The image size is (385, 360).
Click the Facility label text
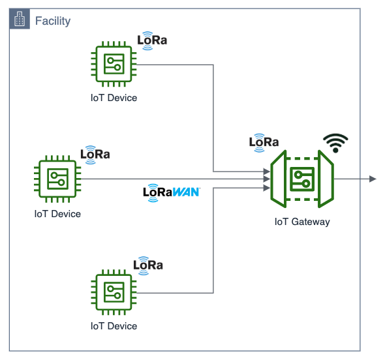(52, 21)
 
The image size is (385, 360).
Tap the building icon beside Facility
(20, 20)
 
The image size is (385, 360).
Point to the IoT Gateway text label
(302, 222)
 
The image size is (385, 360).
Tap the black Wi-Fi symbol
(336, 142)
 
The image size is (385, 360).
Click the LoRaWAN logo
(172, 193)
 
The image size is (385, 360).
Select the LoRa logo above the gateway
(264, 142)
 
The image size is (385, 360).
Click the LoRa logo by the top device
(152, 40)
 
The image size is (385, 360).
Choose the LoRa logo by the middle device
(95, 155)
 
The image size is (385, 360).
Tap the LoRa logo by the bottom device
(148, 265)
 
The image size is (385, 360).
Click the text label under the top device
(114, 98)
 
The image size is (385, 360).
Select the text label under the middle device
(57, 213)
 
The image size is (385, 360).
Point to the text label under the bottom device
(114, 326)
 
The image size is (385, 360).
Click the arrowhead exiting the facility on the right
(373, 179)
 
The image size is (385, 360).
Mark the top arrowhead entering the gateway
(266, 172)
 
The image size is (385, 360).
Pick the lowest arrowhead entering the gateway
(266, 187)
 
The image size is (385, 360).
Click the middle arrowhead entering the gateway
(266, 179)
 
